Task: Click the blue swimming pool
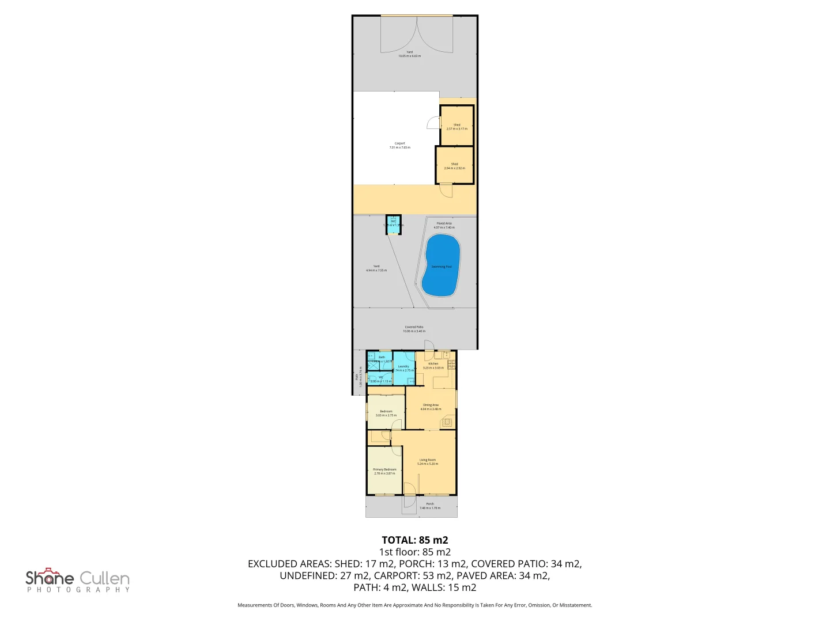pyautogui.click(x=441, y=266)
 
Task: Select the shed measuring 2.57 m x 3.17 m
pyautogui.click(x=456, y=126)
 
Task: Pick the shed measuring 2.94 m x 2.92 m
pyautogui.click(x=454, y=166)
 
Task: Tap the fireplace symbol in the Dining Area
pyautogui.click(x=447, y=422)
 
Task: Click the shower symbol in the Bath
pyautogui.click(x=372, y=365)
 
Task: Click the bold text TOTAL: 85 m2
pyautogui.click(x=414, y=540)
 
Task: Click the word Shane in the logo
pyautogui.click(x=50, y=578)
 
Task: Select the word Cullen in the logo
pyautogui.click(x=104, y=578)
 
